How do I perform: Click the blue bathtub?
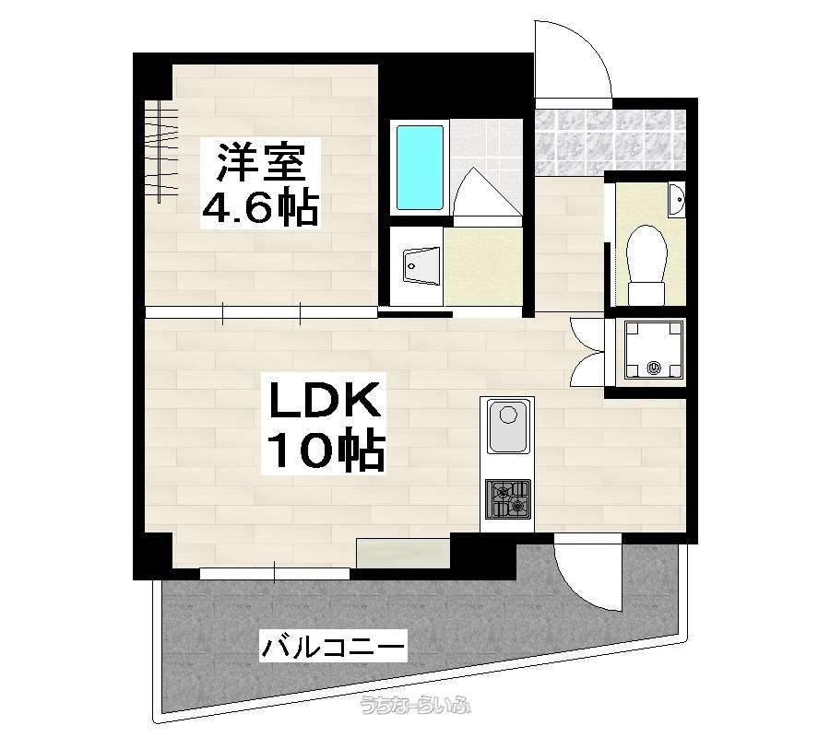click(x=420, y=167)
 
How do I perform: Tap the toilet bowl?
click(x=646, y=264)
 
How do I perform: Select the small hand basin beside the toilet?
click(x=676, y=199)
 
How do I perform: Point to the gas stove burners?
click(x=507, y=498)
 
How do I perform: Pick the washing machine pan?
click(x=654, y=349)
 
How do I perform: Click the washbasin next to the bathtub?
click(x=421, y=265)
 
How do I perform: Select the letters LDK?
click(x=325, y=400)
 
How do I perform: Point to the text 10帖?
click(x=326, y=450)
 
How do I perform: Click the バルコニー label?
click(x=334, y=646)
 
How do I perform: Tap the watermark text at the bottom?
click(x=415, y=705)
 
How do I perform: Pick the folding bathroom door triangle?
click(x=486, y=193)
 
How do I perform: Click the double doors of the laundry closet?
click(x=587, y=352)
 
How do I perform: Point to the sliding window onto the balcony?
click(x=275, y=573)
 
